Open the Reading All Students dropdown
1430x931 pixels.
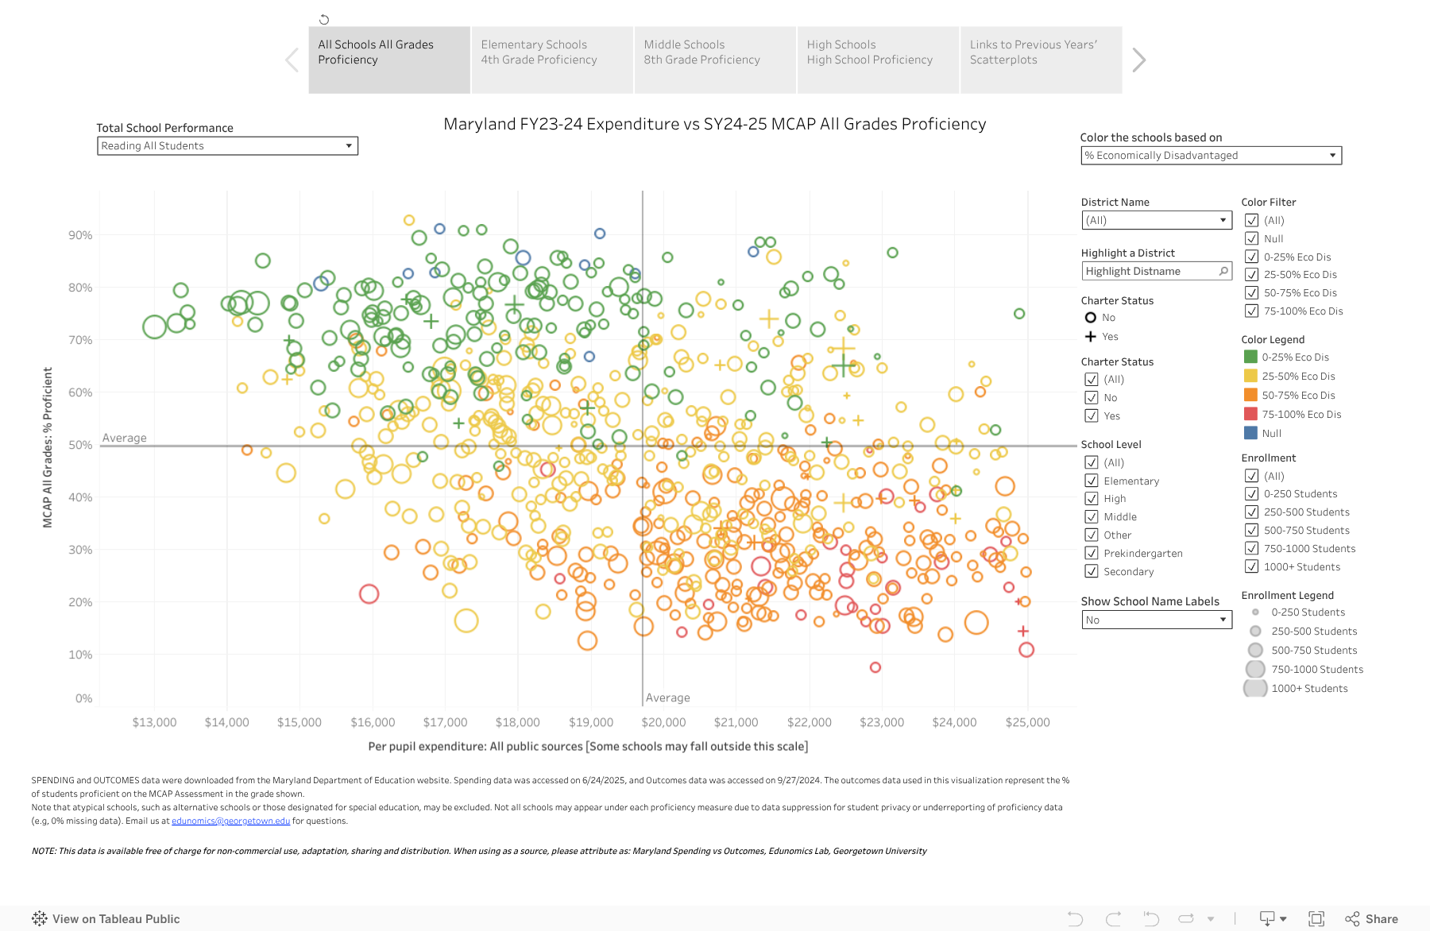coord(227,146)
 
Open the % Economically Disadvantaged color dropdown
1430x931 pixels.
coord(1210,156)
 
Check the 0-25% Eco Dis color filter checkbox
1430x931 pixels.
coord(1251,257)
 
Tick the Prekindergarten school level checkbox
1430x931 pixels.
coord(1092,553)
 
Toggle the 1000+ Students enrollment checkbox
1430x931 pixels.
coord(1251,566)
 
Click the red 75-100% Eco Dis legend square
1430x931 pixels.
coord(1250,414)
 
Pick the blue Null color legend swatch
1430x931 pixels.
coord(1250,433)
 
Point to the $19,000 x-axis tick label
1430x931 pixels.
coord(591,722)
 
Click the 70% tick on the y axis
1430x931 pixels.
coord(80,340)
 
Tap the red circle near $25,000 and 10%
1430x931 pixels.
coord(1026,650)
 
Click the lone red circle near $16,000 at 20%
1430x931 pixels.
coord(369,593)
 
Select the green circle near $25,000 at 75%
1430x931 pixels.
coord(1019,314)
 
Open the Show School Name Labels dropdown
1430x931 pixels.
coord(1156,620)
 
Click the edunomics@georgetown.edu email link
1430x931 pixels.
coord(230,821)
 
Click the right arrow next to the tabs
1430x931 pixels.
coord(1138,60)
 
